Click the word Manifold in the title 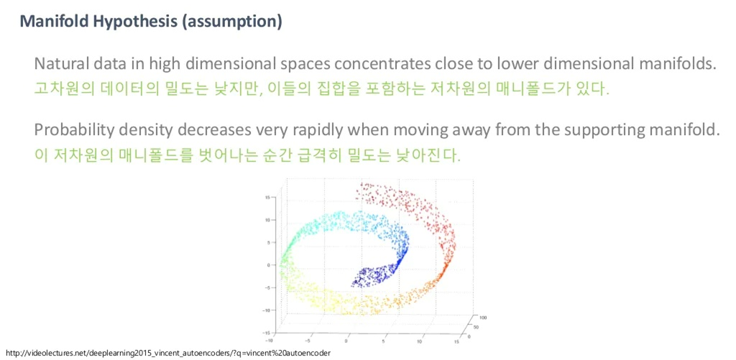[52, 21]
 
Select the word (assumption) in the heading [231, 21]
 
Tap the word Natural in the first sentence [60, 63]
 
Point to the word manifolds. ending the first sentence [675, 63]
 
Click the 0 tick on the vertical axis [267, 265]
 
